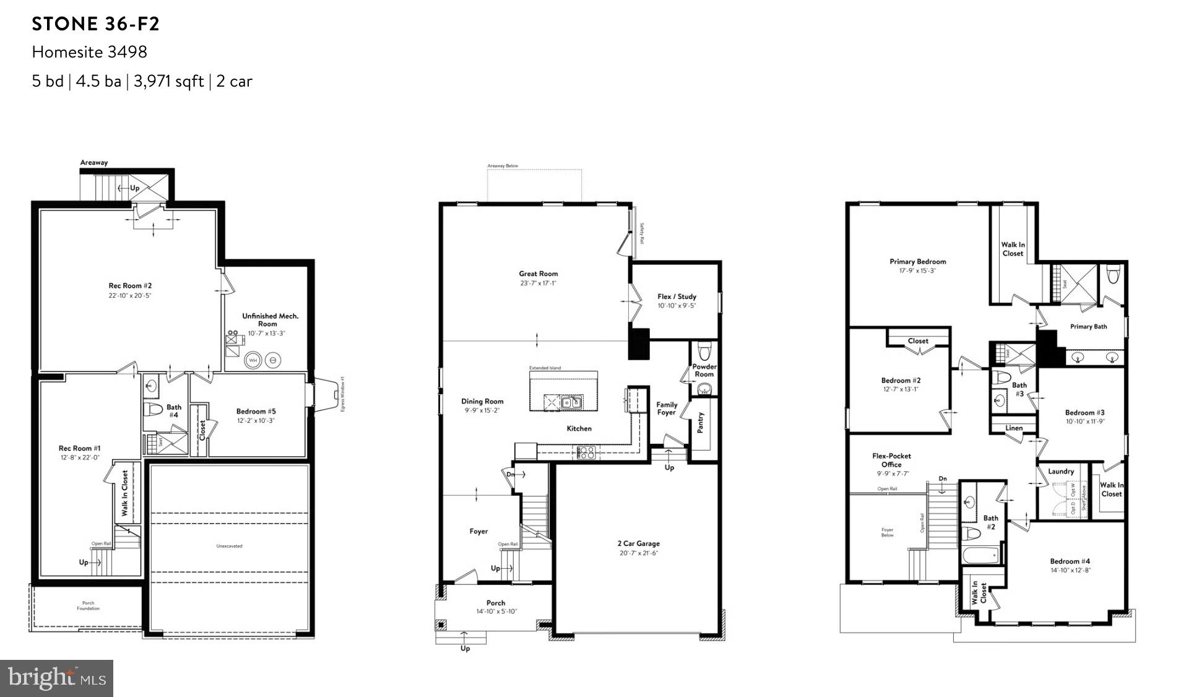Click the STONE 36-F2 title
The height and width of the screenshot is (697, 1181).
click(x=96, y=24)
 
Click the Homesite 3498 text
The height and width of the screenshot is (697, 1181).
click(x=90, y=52)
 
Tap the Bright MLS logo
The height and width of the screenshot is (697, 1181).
click(x=57, y=678)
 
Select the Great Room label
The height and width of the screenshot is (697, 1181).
click(x=538, y=274)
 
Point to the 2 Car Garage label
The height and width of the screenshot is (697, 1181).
click(x=638, y=543)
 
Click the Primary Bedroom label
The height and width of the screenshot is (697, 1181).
click(x=917, y=262)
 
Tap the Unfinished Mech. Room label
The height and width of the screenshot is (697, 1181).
click(x=270, y=320)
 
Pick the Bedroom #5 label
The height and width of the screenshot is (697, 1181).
click(x=256, y=411)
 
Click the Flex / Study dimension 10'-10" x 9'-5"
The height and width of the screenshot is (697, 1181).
click(x=677, y=306)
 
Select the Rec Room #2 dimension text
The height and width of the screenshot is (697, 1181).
click(x=130, y=296)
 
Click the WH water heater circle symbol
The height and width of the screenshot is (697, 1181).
click(x=253, y=360)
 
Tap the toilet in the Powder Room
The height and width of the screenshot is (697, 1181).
click(x=704, y=352)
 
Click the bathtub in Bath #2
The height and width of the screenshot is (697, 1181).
click(x=980, y=555)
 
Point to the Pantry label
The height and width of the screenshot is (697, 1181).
click(x=701, y=423)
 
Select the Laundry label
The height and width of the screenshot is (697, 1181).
click(x=1060, y=472)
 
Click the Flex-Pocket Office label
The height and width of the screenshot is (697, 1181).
click(x=891, y=460)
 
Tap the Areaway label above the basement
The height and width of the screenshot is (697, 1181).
click(x=94, y=163)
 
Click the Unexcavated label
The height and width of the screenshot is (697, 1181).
click(x=229, y=546)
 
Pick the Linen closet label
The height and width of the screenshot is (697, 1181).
click(x=1014, y=428)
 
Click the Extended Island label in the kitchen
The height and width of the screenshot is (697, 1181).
click(x=545, y=368)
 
